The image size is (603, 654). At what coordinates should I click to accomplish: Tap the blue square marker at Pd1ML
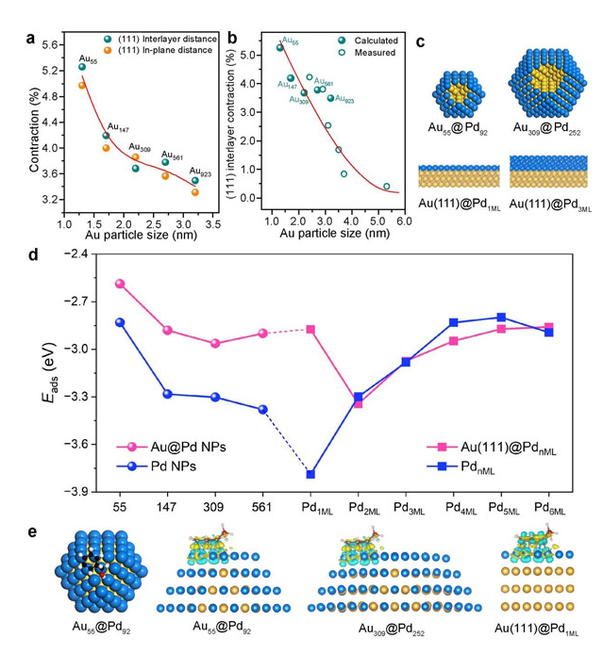pyautogui.click(x=310, y=474)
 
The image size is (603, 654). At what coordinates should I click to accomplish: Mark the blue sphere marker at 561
pyautogui.click(x=263, y=409)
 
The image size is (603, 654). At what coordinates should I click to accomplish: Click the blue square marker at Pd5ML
pyautogui.click(x=501, y=318)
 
